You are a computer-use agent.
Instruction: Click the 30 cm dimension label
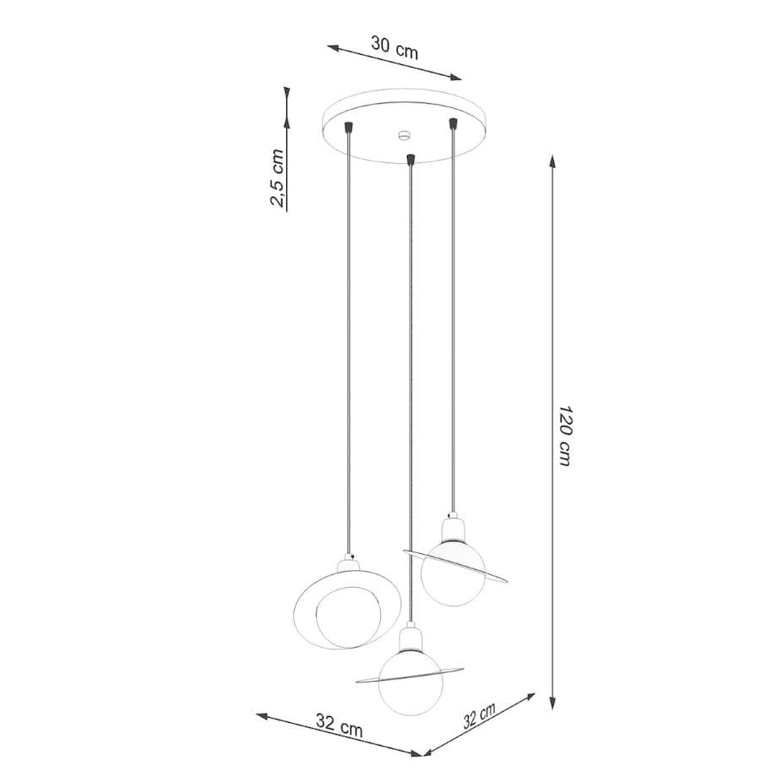pos(394,46)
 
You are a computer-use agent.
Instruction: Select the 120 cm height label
pos(564,436)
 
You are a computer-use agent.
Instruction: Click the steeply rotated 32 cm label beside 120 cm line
pos(480,715)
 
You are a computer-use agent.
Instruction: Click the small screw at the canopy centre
pos(404,134)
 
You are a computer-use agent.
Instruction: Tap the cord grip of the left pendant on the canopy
pos(348,128)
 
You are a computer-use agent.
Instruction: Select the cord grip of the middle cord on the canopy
pos(410,158)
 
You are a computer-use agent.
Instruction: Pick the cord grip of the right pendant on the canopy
pos(454,124)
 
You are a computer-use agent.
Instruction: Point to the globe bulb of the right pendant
pos(453,570)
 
